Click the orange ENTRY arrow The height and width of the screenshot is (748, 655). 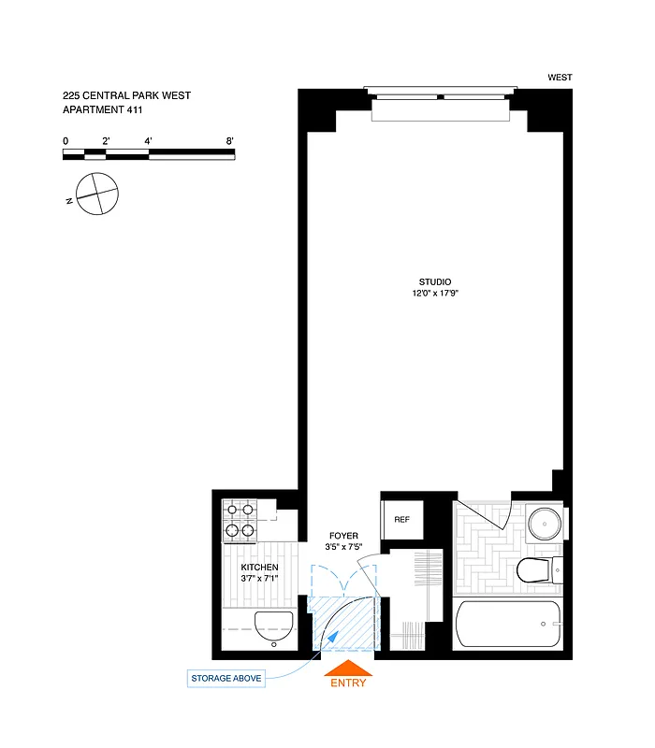coord(347,668)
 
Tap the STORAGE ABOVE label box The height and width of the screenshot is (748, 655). coord(226,678)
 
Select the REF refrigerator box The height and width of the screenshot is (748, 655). coord(402,520)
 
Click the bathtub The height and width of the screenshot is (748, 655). coord(506,624)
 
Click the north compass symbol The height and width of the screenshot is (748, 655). coord(97,194)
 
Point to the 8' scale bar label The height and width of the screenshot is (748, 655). coord(230,141)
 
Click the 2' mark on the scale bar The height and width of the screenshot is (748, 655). coord(107,141)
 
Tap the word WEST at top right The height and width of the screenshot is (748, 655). coord(560,78)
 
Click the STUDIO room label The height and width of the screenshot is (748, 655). coord(435,282)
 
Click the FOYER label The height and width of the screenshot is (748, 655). coord(342,536)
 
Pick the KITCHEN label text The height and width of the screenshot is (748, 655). coord(259,568)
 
